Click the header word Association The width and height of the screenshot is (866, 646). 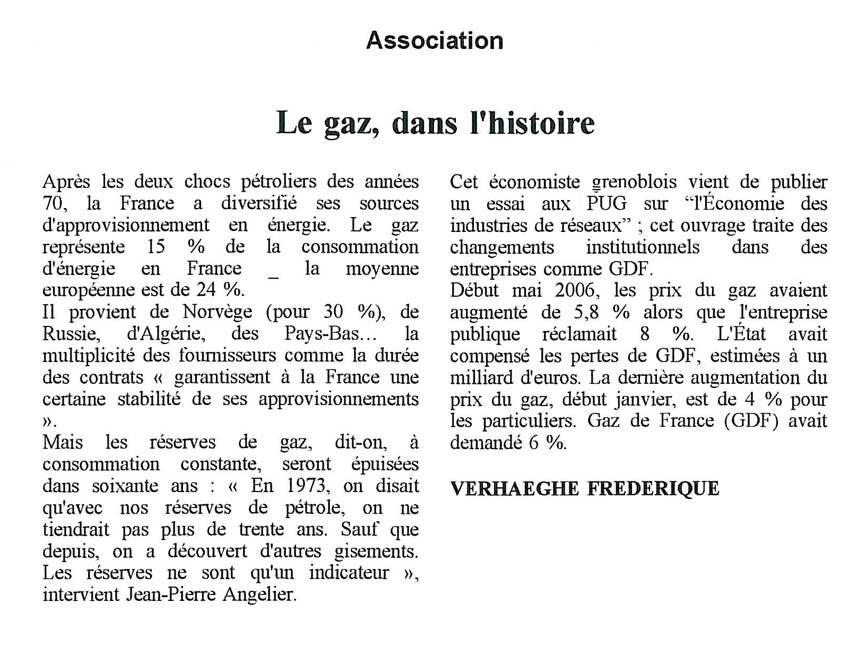coord(435,41)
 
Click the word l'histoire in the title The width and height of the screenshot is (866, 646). coord(532,123)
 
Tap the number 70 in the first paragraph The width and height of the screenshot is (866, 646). coord(53,203)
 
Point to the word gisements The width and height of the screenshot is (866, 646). coord(376,551)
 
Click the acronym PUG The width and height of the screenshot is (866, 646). coord(607,204)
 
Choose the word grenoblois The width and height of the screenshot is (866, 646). coord(634,182)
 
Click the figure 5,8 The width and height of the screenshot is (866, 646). coord(585,313)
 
